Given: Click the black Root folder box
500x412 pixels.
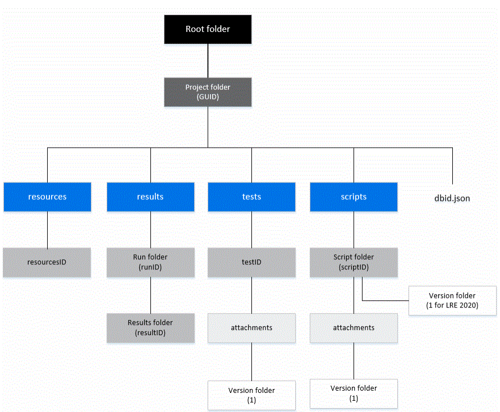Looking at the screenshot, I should coord(208,29).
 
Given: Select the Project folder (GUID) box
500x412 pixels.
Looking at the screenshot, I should coord(208,92).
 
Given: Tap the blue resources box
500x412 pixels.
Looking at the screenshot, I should coord(47,196).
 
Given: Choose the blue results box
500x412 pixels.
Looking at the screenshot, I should coord(150,196).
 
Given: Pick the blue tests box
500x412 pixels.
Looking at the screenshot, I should coord(251,196).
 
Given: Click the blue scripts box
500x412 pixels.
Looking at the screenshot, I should coord(354,196).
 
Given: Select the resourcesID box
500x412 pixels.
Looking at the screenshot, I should coord(47,262).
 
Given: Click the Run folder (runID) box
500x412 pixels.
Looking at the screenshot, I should coord(150,262).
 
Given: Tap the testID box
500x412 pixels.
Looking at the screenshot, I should coord(251,262).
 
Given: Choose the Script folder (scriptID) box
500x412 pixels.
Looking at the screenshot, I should coord(354,262).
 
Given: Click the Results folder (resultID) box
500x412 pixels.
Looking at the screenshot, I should coord(150,328).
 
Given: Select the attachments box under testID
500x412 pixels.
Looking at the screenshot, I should coord(251,328).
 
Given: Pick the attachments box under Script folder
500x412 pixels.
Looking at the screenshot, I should coord(354,328).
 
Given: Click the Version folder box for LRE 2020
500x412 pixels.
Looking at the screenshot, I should coord(452,300).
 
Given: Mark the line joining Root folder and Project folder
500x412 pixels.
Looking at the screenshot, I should coord(208,61).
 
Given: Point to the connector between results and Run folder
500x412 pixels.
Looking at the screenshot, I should coord(150,230).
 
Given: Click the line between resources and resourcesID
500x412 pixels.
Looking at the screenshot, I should coord(47,230).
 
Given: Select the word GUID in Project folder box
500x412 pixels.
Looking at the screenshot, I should coord(208,97).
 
